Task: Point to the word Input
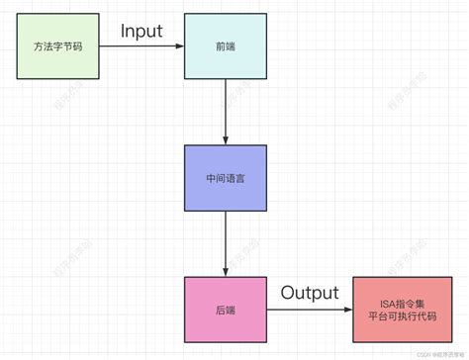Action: point(141,32)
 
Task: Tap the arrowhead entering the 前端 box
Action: point(178,46)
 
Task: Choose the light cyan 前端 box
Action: point(225,46)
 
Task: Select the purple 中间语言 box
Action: point(226,178)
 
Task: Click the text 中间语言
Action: point(226,179)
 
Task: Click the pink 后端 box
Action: point(226,310)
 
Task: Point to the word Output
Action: point(309,293)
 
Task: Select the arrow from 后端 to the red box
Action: point(307,310)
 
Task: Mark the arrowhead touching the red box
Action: point(347,310)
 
